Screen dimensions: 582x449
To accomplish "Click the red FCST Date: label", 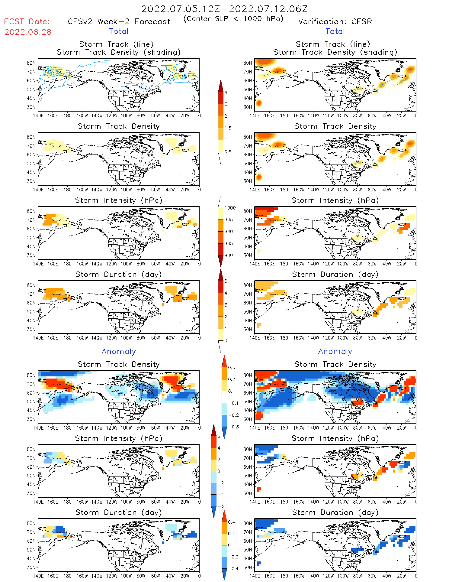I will [x=27, y=22].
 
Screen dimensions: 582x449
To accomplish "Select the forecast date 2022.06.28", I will [x=28, y=32].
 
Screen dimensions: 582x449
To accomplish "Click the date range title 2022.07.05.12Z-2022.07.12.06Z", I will [x=224, y=9].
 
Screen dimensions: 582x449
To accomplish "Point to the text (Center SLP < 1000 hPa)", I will [x=233, y=19].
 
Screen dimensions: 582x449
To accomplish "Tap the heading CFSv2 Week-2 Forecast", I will [x=119, y=22].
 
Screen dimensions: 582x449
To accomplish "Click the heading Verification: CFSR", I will [x=335, y=22].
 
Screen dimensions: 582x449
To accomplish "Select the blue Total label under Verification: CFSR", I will [x=335, y=31].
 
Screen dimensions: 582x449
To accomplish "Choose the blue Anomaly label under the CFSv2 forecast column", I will [x=119, y=352].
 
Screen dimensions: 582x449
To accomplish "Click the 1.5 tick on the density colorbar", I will [x=228, y=128].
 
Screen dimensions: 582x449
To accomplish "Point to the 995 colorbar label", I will [x=229, y=220].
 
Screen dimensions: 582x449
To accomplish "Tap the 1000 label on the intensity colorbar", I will [x=230, y=208].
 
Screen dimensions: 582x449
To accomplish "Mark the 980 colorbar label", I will [x=229, y=255].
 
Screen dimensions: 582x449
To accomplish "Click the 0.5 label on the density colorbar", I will [x=228, y=152].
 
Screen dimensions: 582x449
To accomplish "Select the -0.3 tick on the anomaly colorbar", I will [x=233, y=427].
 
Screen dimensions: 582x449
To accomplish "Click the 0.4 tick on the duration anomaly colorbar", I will [x=231, y=522].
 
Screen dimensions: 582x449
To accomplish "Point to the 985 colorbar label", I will [x=229, y=244].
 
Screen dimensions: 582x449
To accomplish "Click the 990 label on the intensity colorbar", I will [x=229, y=232].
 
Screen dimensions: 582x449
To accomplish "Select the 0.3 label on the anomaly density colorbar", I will [x=231, y=368].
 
